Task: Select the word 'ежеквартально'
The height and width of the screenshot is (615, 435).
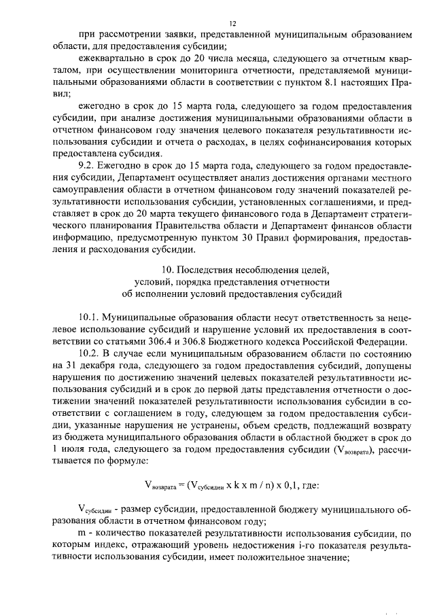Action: point(113,58)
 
